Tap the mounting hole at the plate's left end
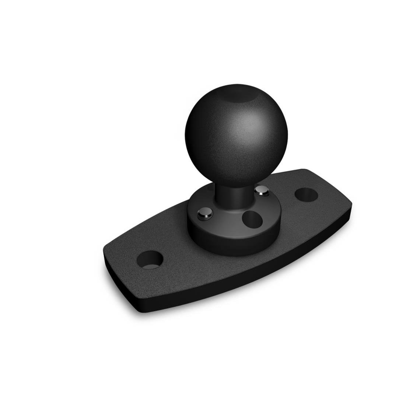pos(150,259)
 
